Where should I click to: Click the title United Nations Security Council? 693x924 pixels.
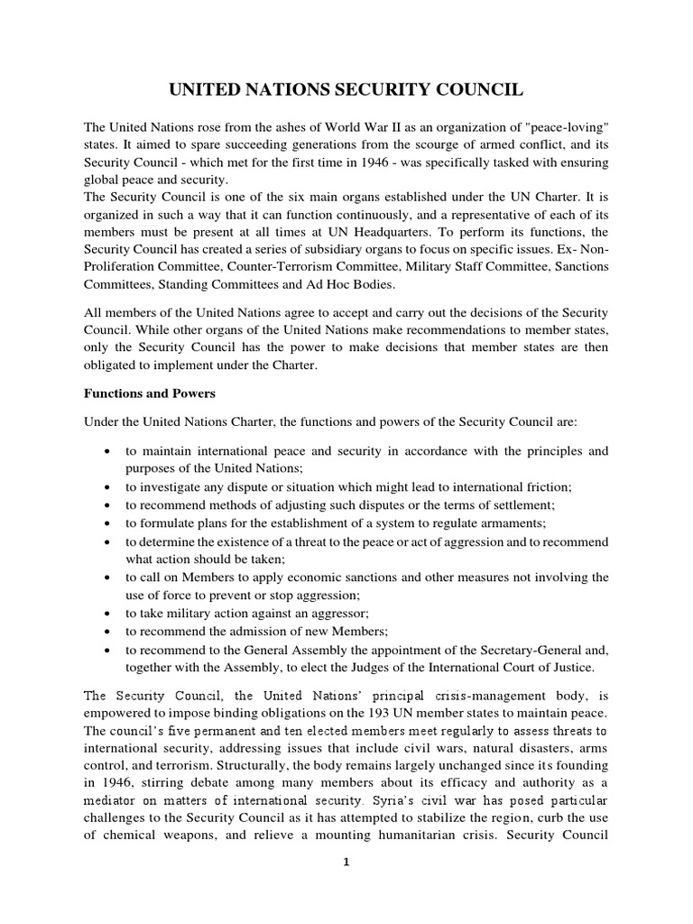346,90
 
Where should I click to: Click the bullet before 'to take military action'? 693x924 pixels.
107,613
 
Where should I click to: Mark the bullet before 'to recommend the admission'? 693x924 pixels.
107,631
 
